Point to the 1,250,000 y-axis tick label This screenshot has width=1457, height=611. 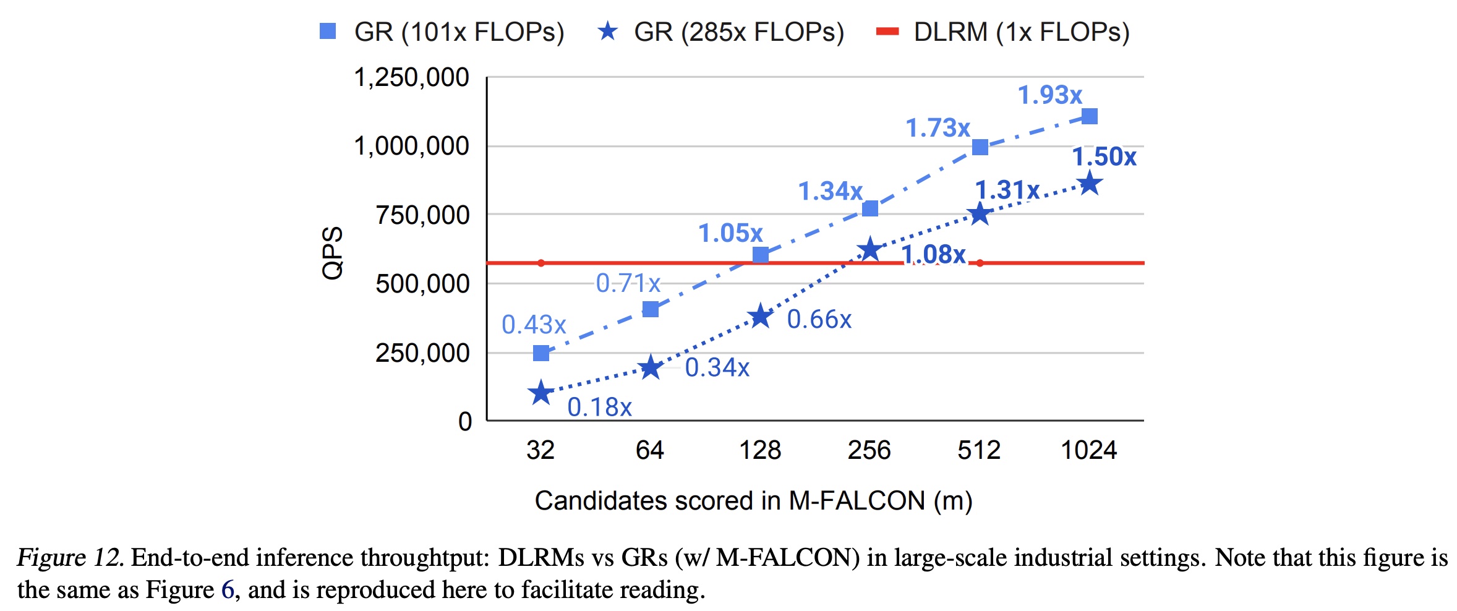coord(411,78)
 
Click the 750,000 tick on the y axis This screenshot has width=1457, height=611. coord(423,215)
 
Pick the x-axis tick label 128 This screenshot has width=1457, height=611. coord(760,450)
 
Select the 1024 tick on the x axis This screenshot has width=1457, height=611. coord(1088,450)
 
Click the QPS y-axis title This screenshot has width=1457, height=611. coord(333,252)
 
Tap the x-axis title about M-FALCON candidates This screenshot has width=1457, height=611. coord(753,500)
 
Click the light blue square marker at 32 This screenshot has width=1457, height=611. coord(541,353)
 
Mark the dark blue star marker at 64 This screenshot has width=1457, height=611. coord(651,367)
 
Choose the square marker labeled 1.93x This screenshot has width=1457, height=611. coord(1089,116)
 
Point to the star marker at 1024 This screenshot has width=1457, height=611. coord(1089,184)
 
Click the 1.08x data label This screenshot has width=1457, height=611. coord(933,254)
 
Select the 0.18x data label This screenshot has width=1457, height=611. coord(599,407)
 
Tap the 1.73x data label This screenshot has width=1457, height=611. coord(938,128)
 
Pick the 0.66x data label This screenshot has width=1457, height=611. coord(819,319)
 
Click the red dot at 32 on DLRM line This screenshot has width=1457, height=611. coord(541,263)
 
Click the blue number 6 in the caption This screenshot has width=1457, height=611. coord(228,590)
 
